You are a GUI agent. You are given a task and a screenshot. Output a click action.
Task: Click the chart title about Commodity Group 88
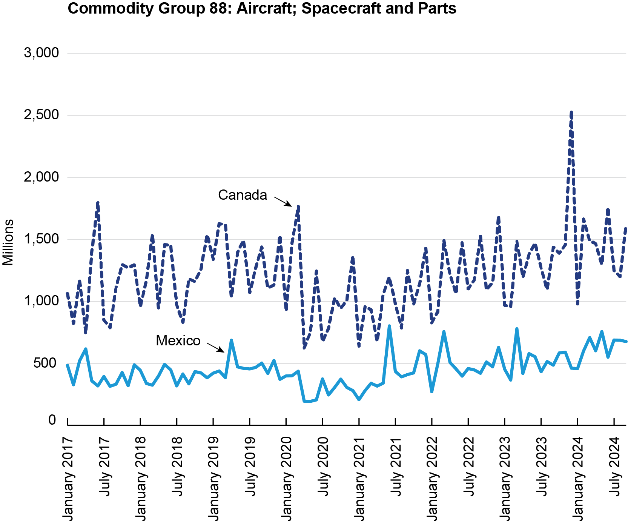click(262, 8)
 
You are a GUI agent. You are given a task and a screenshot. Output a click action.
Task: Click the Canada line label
click(242, 195)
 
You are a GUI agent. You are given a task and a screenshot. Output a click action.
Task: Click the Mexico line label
click(178, 341)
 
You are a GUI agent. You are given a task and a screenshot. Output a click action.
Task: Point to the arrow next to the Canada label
click(283, 201)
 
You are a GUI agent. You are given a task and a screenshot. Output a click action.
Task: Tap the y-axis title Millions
click(8, 242)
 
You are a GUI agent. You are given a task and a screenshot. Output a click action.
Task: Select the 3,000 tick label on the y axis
click(41, 53)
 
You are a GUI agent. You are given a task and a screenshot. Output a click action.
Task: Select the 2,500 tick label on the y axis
click(41, 115)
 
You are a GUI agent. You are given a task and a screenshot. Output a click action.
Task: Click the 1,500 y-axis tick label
click(41, 239)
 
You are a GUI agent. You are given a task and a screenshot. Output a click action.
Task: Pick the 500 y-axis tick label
click(45, 363)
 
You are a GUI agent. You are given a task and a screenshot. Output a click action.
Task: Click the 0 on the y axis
click(52, 420)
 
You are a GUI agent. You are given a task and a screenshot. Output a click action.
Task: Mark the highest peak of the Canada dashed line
click(571, 112)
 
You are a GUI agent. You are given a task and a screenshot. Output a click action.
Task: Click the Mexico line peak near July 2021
click(389, 326)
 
